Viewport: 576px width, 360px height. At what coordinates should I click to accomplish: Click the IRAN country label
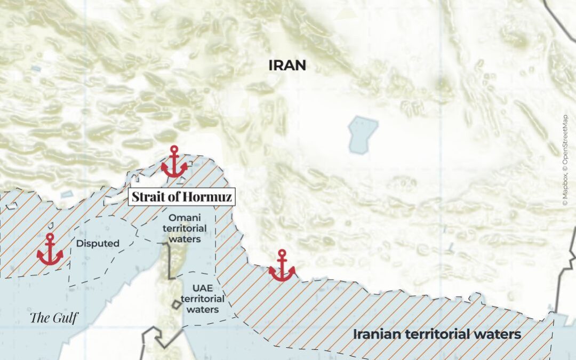[x=287, y=66]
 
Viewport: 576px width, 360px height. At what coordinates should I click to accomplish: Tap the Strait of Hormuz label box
[x=181, y=197]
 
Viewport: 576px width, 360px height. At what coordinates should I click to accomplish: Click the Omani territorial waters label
[x=185, y=228]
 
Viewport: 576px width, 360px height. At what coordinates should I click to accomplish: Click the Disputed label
[x=98, y=244]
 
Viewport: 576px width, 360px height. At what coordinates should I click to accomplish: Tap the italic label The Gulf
[x=54, y=318]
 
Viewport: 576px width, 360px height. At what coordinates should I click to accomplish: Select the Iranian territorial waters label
[x=436, y=334]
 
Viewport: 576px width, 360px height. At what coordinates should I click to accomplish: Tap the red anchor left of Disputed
[x=50, y=250]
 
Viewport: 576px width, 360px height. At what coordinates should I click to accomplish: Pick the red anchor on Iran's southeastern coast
[x=282, y=266]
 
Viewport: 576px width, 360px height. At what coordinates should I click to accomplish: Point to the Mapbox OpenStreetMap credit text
[x=565, y=160]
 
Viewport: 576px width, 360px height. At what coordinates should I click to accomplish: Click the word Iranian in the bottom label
[x=378, y=334]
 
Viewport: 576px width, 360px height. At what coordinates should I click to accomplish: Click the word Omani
[x=184, y=218]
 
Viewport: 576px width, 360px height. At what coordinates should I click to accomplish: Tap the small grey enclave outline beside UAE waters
[x=175, y=304]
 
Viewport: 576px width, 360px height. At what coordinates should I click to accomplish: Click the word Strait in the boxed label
[x=146, y=197]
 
